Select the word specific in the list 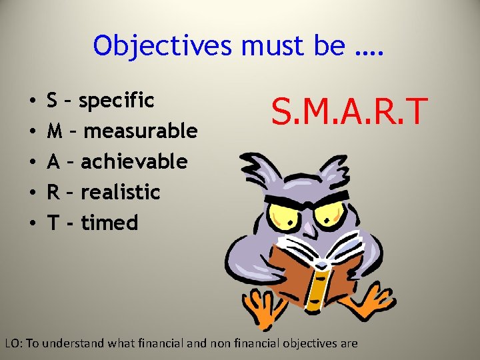coord(117,101)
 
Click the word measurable coord(141,131)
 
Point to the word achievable coord(134,161)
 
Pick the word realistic coord(121,192)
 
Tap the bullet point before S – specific coord(33,101)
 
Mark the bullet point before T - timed coord(33,223)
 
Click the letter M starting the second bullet coord(55,131)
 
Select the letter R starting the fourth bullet coord(53,192)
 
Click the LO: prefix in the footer coord(13,344)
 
